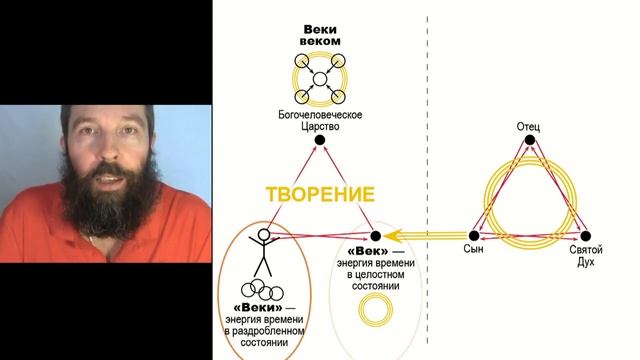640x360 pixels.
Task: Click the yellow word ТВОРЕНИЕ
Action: click(x=320, y=193)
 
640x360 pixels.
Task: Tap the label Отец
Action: click(x=528, y=128)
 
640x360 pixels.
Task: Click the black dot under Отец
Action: click(x=528, y=142)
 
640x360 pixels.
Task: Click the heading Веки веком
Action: click(x=319, y=35)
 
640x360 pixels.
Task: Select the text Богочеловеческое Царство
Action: click(x=319, y=121)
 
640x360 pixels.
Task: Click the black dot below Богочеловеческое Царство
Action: click(x=319, y=140)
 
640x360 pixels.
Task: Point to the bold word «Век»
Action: click(x=365, y=249)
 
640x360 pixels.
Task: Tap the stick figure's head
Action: click(x=265, y=237)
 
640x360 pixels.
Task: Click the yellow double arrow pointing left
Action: click(x=420, y=236)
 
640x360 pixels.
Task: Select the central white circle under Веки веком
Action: click(x=319, y=79)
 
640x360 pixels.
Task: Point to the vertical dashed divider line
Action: click(x=427, y=120)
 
